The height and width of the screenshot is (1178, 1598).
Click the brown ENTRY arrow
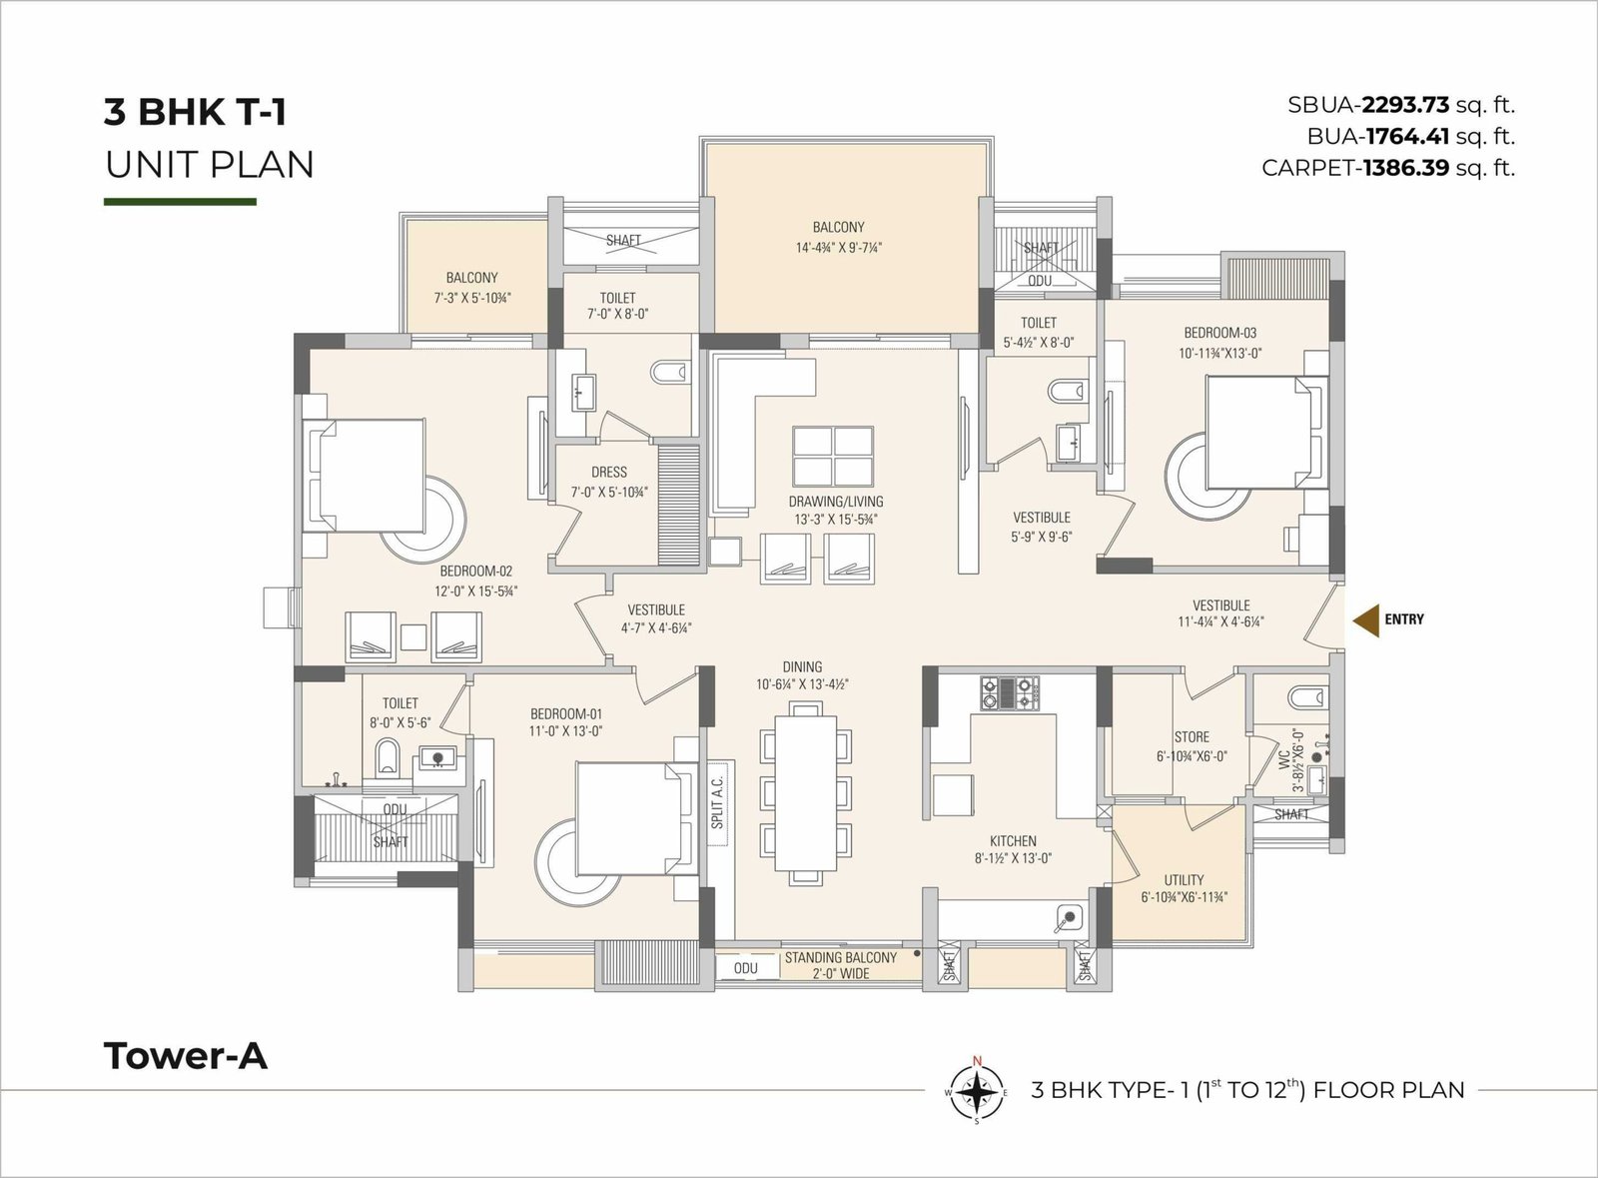tap(1367, 619)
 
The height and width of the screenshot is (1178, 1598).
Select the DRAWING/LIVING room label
tap(835, 501)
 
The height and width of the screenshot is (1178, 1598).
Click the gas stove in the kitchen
tap(1010, 692)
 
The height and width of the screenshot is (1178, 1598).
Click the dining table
tap(806, 792)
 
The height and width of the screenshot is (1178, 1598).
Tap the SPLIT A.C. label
tap(717, 802)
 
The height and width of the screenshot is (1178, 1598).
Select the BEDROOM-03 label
tap(1219, 333)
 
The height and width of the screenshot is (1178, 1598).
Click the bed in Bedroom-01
tap(637, 818)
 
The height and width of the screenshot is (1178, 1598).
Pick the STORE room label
tap(1192, 737)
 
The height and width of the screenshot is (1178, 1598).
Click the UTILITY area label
tap(1184, 880)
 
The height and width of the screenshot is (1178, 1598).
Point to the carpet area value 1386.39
tap(1405, 168)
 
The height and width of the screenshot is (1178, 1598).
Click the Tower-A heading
tap(186, 1056)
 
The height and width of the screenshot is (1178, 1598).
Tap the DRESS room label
tap(608, 472)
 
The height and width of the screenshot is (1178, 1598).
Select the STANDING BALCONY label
tap(840, 957)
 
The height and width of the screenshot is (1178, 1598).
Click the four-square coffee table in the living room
tap(833, 457)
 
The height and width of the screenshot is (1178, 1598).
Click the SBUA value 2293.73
tap(1405, 106)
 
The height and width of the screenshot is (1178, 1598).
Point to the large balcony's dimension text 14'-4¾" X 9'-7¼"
tap(839, 248)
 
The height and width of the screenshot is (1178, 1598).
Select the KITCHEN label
tap(1013, 841)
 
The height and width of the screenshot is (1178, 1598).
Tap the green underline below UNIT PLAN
tap(180, 202)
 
